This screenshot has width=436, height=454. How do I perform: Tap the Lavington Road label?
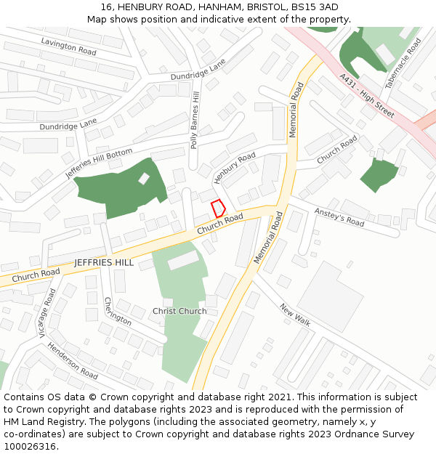[68, 47]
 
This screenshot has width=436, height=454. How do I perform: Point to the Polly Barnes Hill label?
[194, 121]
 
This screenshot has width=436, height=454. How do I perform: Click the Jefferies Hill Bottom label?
[99, 163]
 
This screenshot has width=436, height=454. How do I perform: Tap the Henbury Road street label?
[235, 168]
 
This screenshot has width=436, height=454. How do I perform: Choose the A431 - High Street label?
[366, 95]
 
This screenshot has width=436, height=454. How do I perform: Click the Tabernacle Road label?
[403, 63]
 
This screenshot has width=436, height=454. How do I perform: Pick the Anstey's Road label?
[339, 216]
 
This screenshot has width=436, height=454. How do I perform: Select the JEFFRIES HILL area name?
[104, 262]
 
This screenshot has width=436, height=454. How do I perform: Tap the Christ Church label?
[179, 311]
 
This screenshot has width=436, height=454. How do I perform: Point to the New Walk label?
[295, 313]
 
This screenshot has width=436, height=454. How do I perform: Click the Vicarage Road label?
[47, 313]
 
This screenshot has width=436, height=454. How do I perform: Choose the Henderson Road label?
[73, 360]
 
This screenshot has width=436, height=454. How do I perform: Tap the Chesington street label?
[118, 311]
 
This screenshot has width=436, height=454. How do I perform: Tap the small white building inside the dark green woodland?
[144, 178]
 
